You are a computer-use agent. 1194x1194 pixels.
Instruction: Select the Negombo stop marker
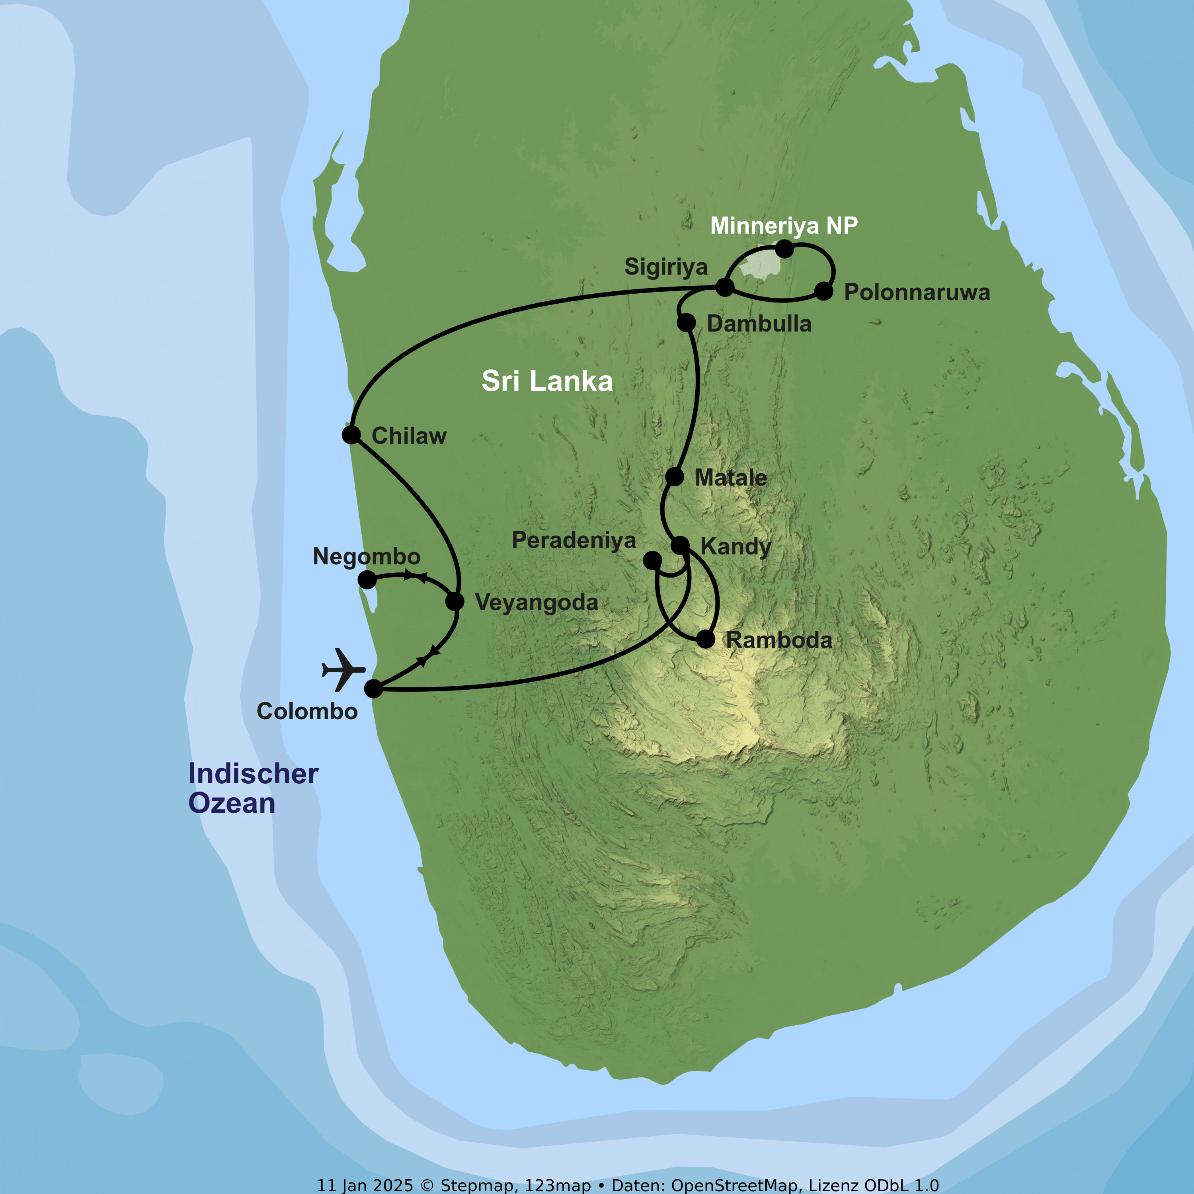(x=367, y=580)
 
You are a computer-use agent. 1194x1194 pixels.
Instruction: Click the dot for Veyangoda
(x=455, y=601)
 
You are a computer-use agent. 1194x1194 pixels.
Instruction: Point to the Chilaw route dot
(x=351, y=435)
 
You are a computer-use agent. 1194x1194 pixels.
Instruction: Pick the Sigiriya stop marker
(x=724, y=287)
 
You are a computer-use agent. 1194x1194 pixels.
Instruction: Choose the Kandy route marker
(x=680, y=545)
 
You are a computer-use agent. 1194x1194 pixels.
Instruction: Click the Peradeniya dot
(x=652, y=560)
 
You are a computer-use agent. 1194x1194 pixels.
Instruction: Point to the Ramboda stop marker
(x=706, y=639)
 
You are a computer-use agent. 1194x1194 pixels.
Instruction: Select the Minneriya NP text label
(x=784, y=226)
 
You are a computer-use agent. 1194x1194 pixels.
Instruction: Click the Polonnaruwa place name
(x=917, y=292)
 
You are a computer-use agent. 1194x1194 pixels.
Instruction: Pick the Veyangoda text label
(x=537, y=603)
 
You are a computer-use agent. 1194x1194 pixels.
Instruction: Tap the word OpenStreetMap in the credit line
(x=735, y=1185)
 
